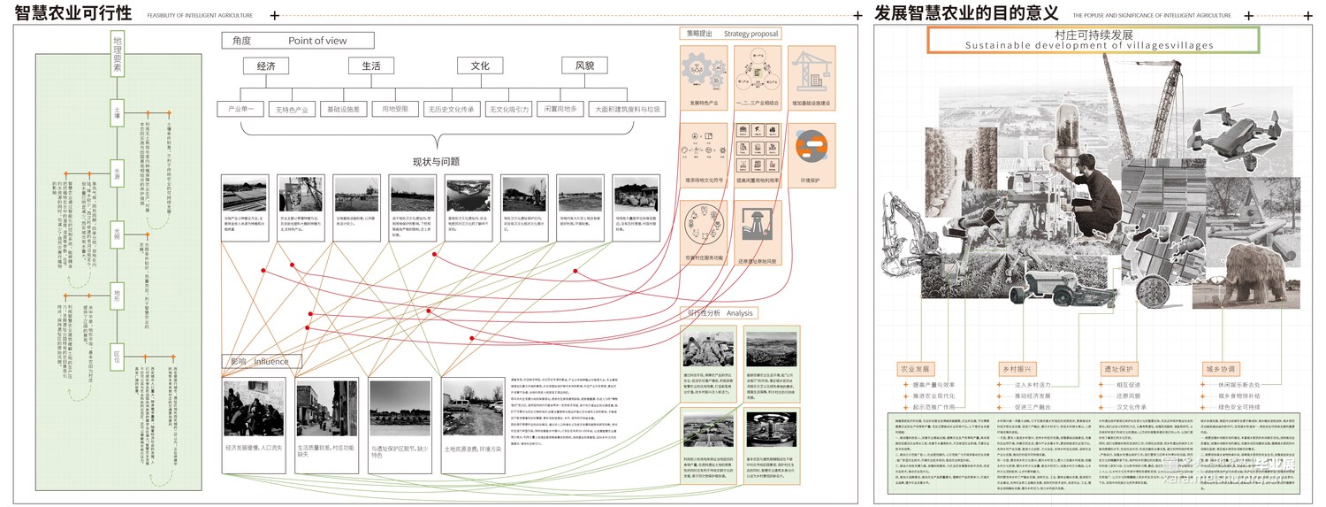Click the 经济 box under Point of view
point(266,66)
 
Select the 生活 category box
point(370,66)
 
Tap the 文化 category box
point(479,66)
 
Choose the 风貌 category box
point(584,66)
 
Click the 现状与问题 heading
point(436,162)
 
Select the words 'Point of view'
point(317,41)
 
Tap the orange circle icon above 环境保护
point(810,148)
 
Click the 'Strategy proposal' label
point(751,34)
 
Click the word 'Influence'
point(271,362)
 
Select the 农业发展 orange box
point(916,369)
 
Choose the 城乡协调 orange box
point(1221,369)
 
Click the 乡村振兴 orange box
point(1018,369)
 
